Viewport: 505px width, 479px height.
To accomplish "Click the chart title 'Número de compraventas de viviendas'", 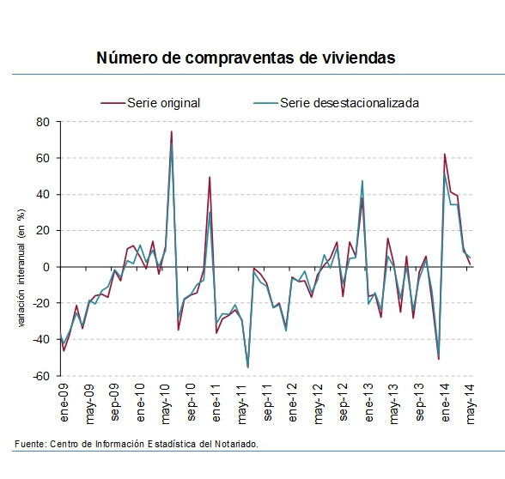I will (246, 58).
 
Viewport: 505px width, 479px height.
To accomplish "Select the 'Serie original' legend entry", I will (163, 103).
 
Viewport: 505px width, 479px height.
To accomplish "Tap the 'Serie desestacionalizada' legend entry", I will (353, 103).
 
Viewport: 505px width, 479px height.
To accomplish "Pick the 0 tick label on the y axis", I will (47, 267).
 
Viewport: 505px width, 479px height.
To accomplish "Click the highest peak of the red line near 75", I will (171, 131).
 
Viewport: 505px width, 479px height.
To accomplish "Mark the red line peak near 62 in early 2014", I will (445, 155).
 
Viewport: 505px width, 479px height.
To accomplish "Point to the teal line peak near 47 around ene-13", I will (362, 181).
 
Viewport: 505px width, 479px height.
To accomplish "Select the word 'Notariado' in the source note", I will (233, 443).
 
